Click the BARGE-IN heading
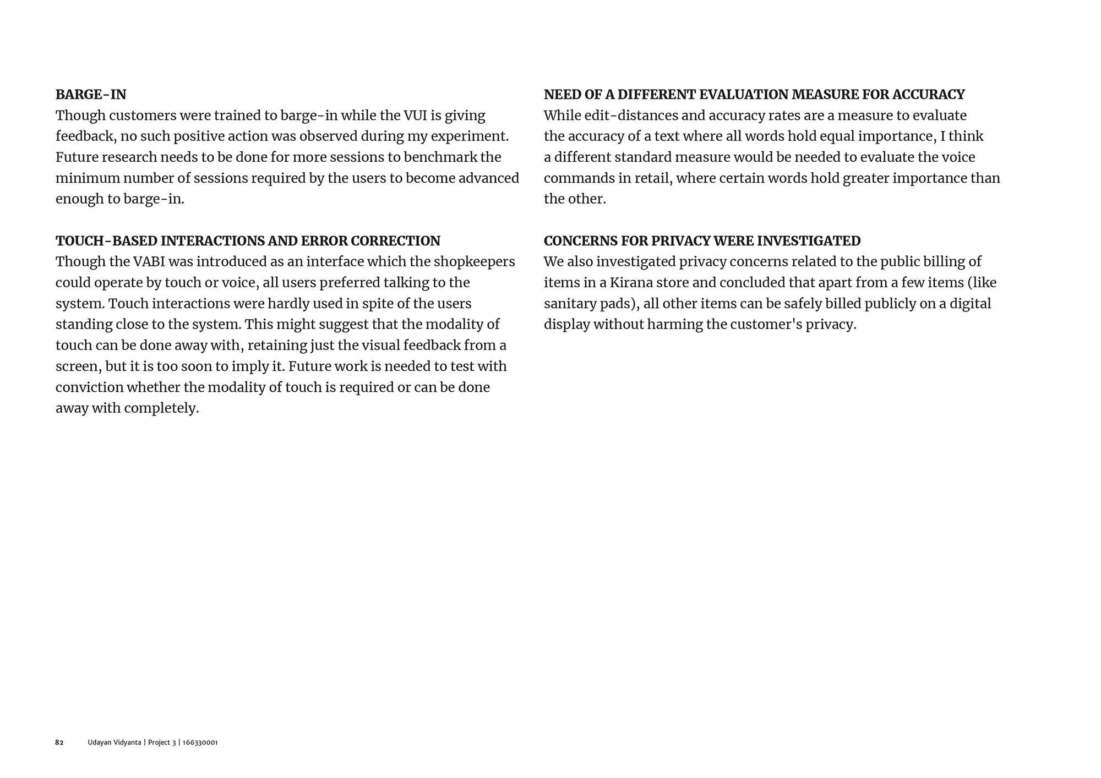(x=91, y=95)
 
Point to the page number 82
(x=59, y=743)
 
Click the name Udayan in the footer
(x=100, y=743)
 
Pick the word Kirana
(x=631, y=283)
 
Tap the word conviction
(x=89, y=387)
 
